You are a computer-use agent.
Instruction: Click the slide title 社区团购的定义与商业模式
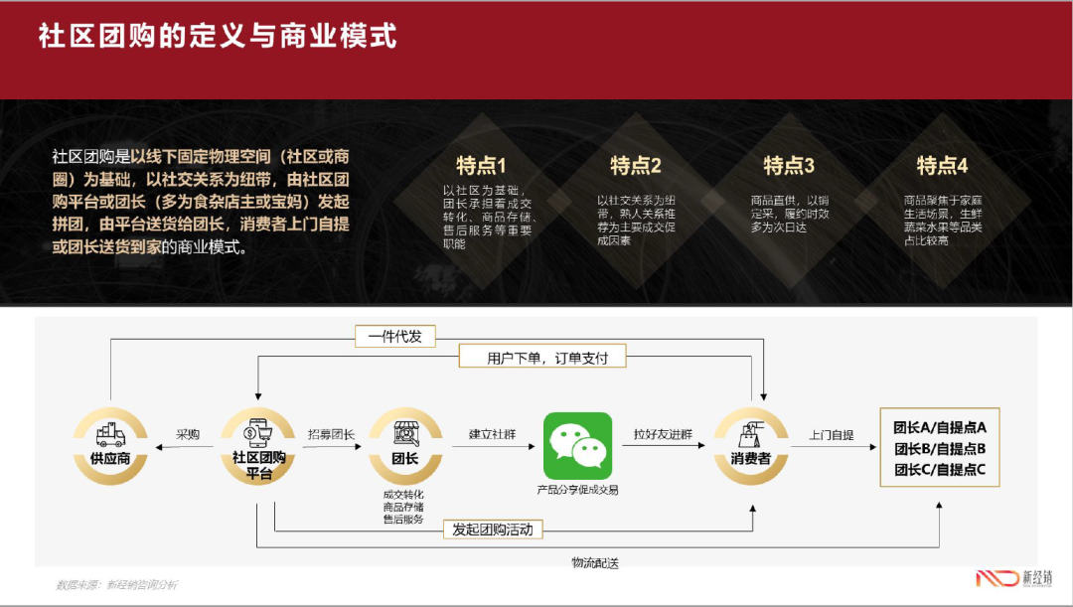218,37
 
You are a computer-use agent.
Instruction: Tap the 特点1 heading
481,165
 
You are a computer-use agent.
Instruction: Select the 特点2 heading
635,165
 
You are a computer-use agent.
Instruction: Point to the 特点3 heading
789,165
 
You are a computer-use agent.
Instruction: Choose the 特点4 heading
942,165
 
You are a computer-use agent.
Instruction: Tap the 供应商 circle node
110,444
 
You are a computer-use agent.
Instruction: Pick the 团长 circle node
404,444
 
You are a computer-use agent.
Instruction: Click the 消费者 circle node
751,444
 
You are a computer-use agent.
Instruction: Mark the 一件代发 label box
394,337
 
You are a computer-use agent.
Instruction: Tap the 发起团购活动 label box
493,530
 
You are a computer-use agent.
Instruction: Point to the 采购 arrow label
188,434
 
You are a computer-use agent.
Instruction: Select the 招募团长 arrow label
332,434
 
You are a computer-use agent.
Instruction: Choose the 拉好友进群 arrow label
664,434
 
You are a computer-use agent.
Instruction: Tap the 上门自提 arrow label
831,434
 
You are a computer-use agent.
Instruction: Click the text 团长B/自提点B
940,448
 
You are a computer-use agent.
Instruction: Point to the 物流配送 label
595,563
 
